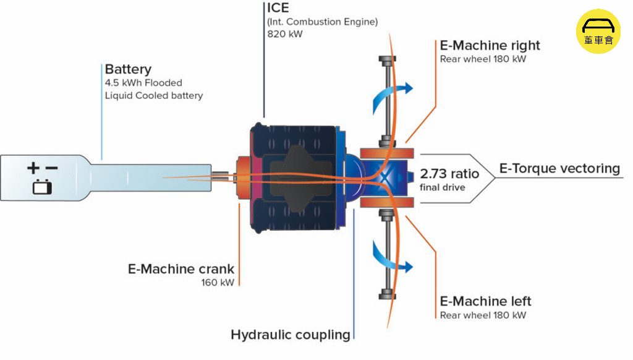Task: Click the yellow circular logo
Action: click(x=598, y=32)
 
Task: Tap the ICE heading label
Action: click(x=278, y=7)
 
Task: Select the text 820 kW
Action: click(x=284, y=34)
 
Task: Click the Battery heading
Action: click(x=128, y=69)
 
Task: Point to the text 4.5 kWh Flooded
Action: click(x=143, y=83)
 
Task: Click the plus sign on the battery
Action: click(x=33, y=168)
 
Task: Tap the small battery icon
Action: click(x=42, y=187)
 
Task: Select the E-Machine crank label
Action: click(x=181, y=269)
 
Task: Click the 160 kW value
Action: click(x=218, y=283)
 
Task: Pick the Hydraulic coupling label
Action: click(x=291, y=335)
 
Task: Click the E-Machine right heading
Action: click(x=490, y=45)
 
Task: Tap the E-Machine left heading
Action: click(x=485, y=301)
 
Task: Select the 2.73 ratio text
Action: click(x=449, y=174)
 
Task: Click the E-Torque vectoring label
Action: click(x=559, y=168)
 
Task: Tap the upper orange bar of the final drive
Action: click(x=387, y=153)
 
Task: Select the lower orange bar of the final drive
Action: click(x=387, y=202)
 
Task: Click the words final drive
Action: click(x=442, y=187)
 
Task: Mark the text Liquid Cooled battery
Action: click(x=154, y=96)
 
